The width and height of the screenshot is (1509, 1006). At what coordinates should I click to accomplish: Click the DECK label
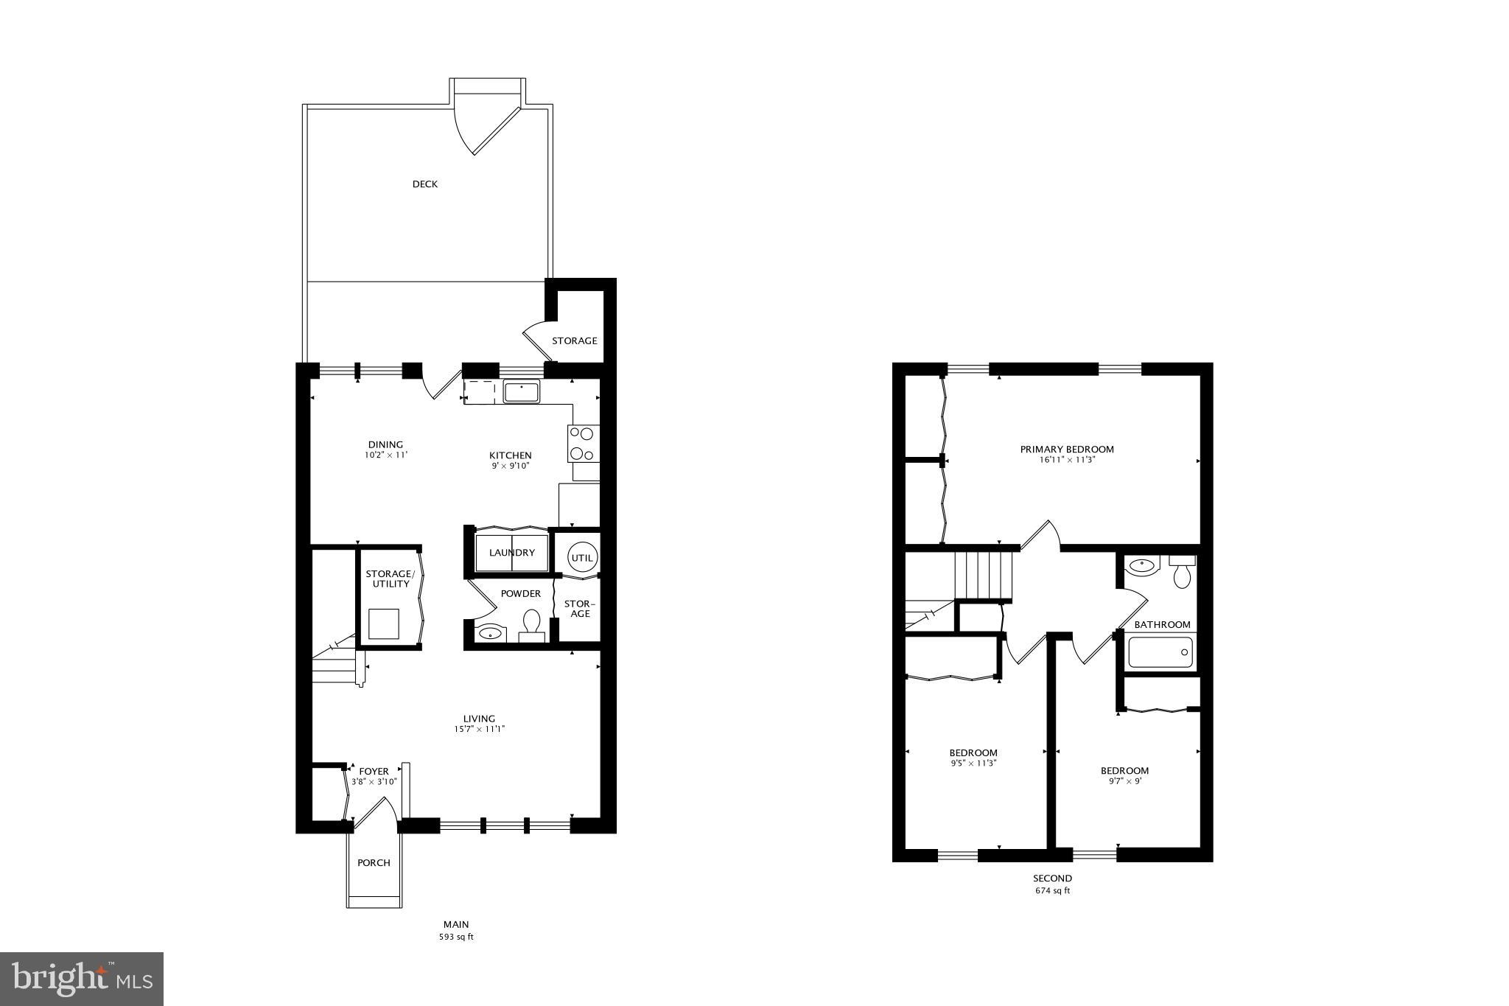click(x=424, y=184)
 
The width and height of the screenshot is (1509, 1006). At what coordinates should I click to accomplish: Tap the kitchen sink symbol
click(x=522, y=391)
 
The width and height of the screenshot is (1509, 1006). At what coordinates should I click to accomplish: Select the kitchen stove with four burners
click(x=583, y=444)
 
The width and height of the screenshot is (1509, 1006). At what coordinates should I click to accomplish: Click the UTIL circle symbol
click(x=582, y=558)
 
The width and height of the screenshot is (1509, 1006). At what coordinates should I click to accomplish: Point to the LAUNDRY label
click(x=511, y=553)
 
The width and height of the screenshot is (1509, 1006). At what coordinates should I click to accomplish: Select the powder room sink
click(x=489, y=632)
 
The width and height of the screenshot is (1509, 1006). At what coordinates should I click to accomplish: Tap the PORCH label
click(x=374, y=862)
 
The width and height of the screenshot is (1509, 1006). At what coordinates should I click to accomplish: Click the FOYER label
click(x=374, y=772)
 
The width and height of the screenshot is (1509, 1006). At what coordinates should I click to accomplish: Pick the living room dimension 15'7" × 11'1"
click(x=479, y=729)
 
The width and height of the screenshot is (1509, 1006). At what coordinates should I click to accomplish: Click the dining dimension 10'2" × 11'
click(x=385, y=455)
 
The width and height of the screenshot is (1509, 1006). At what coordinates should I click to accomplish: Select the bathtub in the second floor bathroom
click(x=1160, y=652)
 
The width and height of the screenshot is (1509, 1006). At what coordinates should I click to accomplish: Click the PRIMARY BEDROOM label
click(x=1066, y=449)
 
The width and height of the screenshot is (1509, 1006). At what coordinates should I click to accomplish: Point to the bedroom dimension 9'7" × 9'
click(x=1124, y=781)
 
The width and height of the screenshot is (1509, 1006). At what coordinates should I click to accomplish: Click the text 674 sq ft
click(x=1051, y=890)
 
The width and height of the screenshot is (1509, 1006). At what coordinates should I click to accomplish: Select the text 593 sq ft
click(x=456, y=937)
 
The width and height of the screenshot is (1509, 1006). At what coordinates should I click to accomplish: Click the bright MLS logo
click(x=82, y=979)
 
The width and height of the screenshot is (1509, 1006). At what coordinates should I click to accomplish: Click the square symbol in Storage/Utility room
click(x=385, y=624)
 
